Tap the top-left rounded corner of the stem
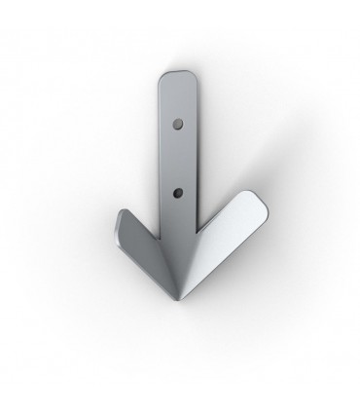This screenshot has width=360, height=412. point(161,79)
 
